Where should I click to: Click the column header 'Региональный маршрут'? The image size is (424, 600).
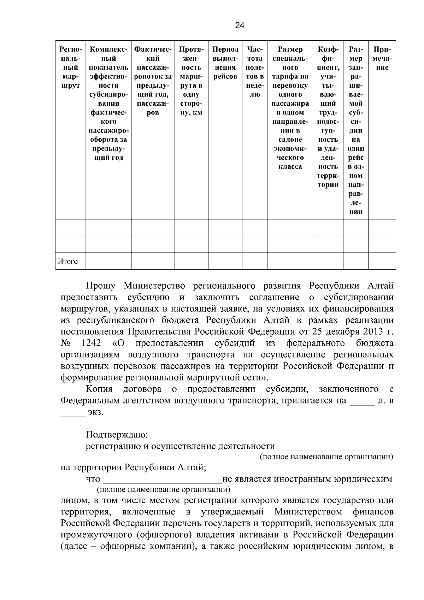(x=70, y=67)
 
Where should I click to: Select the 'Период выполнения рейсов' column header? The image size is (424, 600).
(x=225, y=63)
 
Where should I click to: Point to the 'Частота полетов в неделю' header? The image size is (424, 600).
(x=254, y=72)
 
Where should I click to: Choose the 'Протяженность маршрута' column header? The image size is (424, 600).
(x=191, y=81)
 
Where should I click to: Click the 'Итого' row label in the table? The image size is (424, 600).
(x=68, y=262)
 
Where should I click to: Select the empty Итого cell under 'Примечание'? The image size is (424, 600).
(x=382, y=261)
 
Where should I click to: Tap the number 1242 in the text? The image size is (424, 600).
(x=91, y=343)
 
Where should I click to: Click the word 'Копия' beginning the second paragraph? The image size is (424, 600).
(x=99, y=389)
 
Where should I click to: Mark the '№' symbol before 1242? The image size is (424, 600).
(x=65, y=343)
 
